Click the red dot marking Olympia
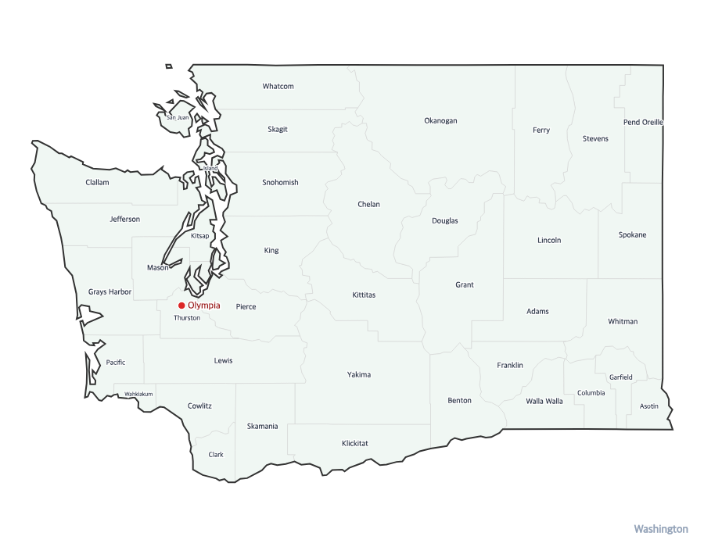(181, 306)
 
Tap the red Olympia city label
(204, 306)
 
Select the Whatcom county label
(278, 86)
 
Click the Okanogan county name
(440, 121)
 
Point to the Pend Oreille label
(643, 123)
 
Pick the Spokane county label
(632, 235)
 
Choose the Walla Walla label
(544, 402)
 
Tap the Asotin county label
(648, 406)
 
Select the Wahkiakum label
(138, 394)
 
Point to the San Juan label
(178, 118)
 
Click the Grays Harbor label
(110, 292)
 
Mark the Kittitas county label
(364, 295)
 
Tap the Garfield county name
(620, 377)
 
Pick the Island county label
(210, 169)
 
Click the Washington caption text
(660, 529)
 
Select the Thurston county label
(187, 318)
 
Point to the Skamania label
(262, 427)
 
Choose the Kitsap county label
(199, 236)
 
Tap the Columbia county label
(591, 393)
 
